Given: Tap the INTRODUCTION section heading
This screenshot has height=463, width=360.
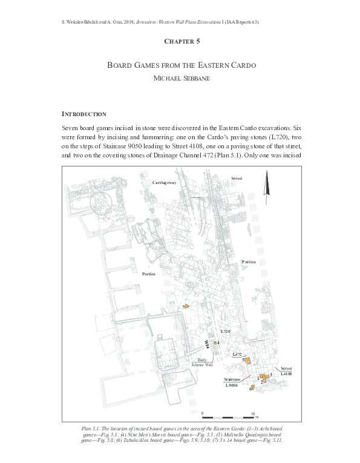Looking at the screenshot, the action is coord(85,114).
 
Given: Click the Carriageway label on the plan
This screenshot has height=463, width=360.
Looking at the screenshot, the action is coord(167,198).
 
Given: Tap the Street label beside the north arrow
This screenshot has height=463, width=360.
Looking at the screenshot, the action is coord(237,179).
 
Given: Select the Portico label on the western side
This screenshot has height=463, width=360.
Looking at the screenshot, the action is coord(149,274).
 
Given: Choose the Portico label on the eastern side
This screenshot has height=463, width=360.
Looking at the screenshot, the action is coord(249,261).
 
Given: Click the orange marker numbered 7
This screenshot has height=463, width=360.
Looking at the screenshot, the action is coord(187,307).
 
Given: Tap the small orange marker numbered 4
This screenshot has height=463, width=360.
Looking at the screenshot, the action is coord(215,343).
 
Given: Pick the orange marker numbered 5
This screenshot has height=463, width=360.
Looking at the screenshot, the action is coord(247,360).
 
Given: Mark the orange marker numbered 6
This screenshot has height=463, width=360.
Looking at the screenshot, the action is coord(252,388).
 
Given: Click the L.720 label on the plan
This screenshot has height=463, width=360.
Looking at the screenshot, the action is coord(225,332).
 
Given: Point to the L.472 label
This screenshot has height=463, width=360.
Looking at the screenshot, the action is coord(237,354).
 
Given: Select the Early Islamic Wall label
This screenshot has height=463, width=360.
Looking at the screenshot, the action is coord(201,362).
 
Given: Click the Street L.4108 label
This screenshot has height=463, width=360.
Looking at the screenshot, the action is coord(286,371).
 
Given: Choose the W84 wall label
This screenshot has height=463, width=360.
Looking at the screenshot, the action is coord(206,343).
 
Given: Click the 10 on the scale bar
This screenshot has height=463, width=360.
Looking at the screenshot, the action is coord(252,414).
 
